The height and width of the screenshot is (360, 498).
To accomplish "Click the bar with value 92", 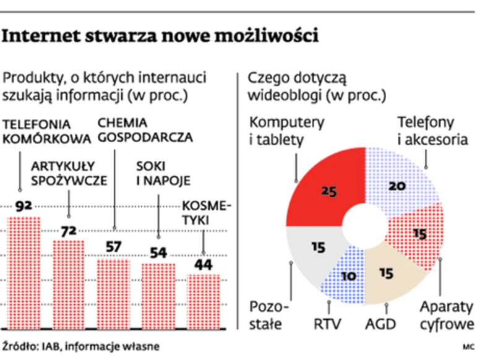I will click(x=23, y=272).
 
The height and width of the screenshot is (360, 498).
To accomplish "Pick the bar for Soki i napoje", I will click(x=159, y=295).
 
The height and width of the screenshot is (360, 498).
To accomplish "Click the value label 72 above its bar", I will click(x=68, y=231).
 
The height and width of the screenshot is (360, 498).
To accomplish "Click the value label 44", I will click(x=204, y=265).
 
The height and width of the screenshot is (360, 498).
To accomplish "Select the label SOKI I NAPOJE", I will click(x=163, y=173).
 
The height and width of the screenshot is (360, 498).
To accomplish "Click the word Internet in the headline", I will click(x=48, y=36).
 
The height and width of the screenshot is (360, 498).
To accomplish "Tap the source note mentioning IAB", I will click(x=80, y=346).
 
